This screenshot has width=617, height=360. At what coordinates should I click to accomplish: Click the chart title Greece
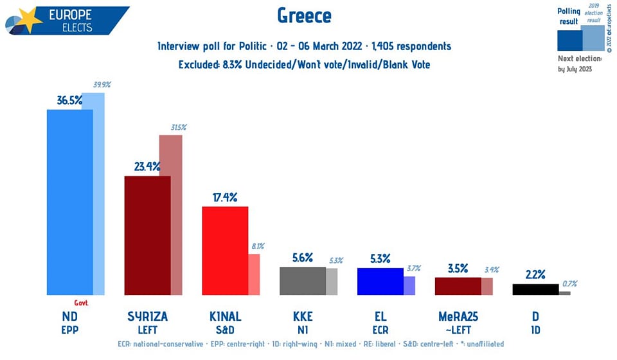click(x=305, y=15)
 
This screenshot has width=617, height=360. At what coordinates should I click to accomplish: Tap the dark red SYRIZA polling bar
click(x=147, y=235)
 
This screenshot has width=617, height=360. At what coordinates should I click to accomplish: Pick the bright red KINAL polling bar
click(x=225, y=251)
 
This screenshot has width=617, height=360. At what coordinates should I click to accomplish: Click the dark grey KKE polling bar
click(x=303, y=281)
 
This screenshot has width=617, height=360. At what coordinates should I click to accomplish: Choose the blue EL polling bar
click(x=380, y=282)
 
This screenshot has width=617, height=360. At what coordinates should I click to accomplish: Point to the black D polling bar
click(x=535, y=289)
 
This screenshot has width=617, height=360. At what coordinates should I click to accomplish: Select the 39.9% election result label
click(x=102, y=85)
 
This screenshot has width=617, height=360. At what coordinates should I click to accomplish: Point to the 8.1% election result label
click(x=258, y=246)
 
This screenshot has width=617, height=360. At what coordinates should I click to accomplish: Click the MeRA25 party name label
click(x=458, y=316)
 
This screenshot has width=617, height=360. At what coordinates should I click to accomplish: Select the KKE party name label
click(x=302, y=316)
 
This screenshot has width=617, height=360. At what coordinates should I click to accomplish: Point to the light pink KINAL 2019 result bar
click(x=255, y=274)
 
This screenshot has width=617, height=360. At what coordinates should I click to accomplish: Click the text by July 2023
click(x=576, y=69)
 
